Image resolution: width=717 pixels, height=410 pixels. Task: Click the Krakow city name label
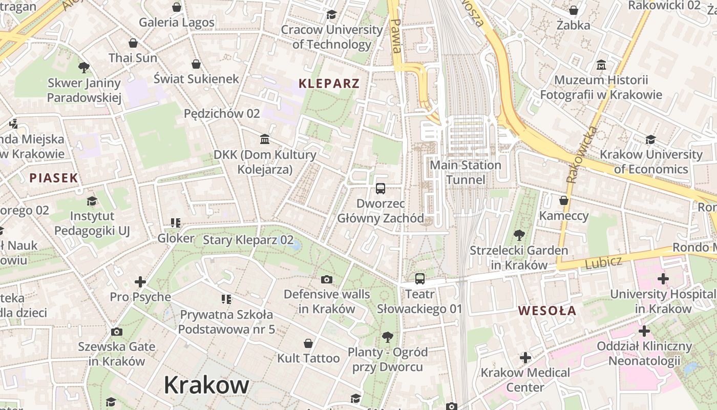coord(206,385)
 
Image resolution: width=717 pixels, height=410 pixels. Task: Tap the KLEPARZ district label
coord(329,83)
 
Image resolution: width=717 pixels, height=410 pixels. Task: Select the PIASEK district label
coord(54,178)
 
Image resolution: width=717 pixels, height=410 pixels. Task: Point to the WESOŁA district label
coord(547,311)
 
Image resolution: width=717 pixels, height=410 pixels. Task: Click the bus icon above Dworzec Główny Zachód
coord(381,189)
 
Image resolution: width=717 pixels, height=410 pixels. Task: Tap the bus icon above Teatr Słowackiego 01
coord(420,279)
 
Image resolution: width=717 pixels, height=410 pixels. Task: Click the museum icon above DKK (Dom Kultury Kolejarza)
coord(265,139)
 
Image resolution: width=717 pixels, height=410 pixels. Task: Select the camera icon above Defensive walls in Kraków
coord(327,279)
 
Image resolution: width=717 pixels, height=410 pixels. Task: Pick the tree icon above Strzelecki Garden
coord(519,236)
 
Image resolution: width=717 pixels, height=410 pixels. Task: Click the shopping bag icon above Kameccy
coord(564,200)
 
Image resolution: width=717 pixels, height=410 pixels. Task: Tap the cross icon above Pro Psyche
coord(140,282)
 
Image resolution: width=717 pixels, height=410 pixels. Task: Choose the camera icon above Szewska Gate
coord(117,332)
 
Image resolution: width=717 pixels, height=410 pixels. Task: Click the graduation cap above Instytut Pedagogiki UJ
coord(92,201)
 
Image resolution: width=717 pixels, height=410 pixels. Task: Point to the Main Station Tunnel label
coord(466,172)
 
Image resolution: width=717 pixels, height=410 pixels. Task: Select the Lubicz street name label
coord(603,262)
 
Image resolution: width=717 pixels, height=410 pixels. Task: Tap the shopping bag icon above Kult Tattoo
coord(308,343)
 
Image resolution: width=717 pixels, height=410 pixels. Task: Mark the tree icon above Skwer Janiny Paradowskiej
coord(84,68)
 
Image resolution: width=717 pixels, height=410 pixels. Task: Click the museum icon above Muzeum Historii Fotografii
coord(601,65)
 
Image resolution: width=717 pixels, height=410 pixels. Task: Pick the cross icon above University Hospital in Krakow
coord(663,279)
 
